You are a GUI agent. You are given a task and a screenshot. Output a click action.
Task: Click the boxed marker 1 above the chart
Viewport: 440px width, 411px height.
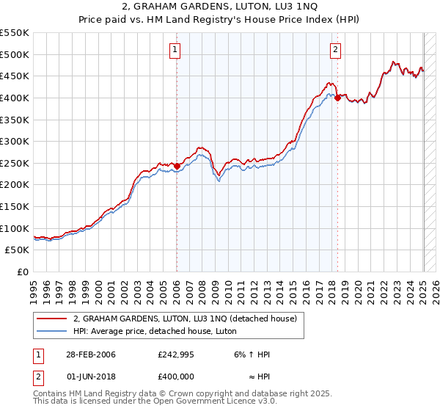tap(177, 50)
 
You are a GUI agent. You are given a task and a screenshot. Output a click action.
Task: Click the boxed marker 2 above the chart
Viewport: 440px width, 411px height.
tap(335, 50)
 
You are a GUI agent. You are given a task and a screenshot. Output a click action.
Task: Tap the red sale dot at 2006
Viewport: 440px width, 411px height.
tap(177, 166)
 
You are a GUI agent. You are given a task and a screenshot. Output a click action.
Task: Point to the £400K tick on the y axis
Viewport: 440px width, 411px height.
tap(15, 98)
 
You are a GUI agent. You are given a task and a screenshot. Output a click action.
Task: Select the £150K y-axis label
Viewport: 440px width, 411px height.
tap(15, 206)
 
